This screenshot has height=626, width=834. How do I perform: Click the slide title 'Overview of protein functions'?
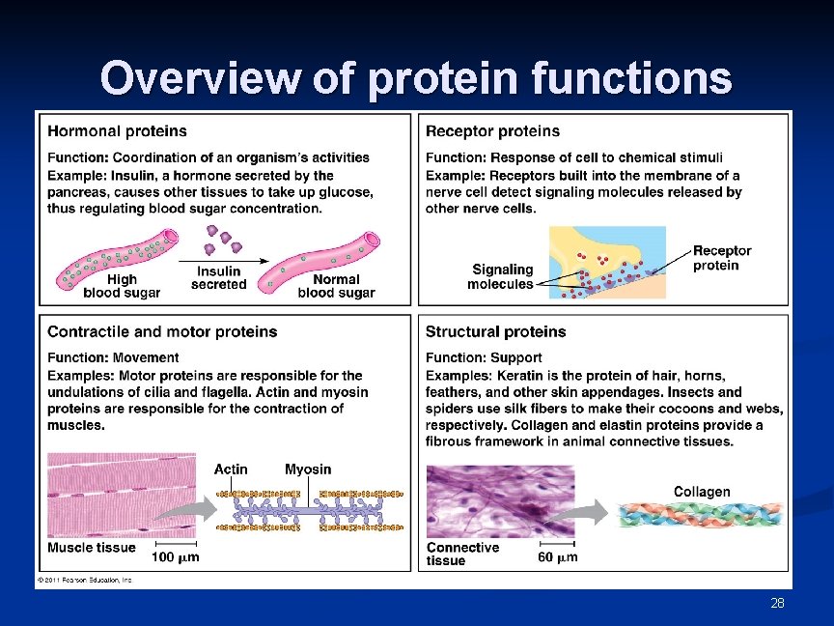pyautogui.click(x=416, y=78)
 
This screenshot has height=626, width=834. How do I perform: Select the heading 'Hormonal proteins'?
pyautogui.click(x=117, y=130)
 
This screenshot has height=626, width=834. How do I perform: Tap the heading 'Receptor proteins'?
pyautogui.click(x=492, y=130)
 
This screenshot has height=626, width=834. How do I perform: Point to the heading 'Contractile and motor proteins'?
pyautogui.click(x=162, y=331)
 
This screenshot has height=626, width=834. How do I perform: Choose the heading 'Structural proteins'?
pyautogui.click(x=495, y=331)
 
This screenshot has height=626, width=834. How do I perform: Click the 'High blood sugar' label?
pyautogui.click(x=122, y=286)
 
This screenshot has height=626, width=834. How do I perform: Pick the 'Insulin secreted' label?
pyautogui.click(x=219, y=278)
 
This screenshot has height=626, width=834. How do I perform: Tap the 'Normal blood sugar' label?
pyautogui.click(x=336, y=286)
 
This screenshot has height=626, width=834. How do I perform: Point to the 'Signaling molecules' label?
pyautogui.click(x=501, y=276)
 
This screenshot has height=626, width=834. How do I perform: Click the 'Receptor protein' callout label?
pyautogui.click(x=722, y=258)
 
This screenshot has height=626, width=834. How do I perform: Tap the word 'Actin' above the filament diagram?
pyautogui.click(x=231, y=469)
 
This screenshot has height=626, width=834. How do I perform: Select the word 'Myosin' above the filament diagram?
pyautogui.click(x=308, y=469)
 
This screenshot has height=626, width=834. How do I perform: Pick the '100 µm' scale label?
pyautogui.click(x=176, y=557)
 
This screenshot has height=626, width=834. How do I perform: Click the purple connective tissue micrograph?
pyautogui.click(x=500, y=500)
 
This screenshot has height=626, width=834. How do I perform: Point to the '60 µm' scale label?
pyautogui.click(x=557, y=557)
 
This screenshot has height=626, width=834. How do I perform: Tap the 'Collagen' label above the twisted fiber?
pyautogui.click(x=702, y=492)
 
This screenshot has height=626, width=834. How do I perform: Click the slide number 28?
pyautogui.click(x=778, y=604)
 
